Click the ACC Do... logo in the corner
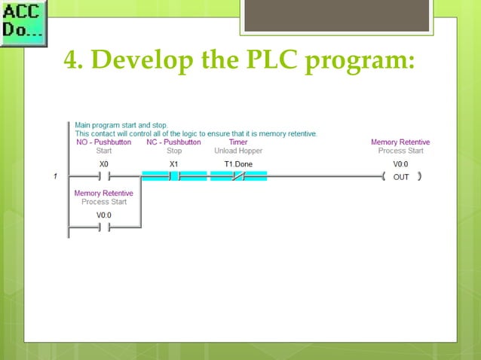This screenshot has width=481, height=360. coord(23,23)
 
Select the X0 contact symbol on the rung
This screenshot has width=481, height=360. coord(104,177)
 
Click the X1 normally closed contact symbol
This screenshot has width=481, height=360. coord(174,177)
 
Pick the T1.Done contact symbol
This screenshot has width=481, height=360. coord(238,177)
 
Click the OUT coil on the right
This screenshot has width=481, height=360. coord(401,177)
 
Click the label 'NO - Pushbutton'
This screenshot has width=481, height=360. coord(103,142)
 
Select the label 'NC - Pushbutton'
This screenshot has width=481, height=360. coord(173,142)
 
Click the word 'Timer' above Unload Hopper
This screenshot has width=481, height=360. coord(237,142)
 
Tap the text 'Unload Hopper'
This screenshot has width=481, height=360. coord(237,151)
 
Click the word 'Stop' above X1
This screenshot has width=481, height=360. coord(173,151)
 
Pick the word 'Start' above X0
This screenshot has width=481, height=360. coord(104,151)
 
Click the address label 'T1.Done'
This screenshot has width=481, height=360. coord(238,163)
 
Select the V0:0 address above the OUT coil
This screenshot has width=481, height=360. coord(400,163)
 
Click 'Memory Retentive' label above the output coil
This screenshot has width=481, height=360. coord(400,142)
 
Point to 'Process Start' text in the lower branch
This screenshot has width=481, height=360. coord(104,202)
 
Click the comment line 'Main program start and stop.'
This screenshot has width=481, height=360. coord(121,125)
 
